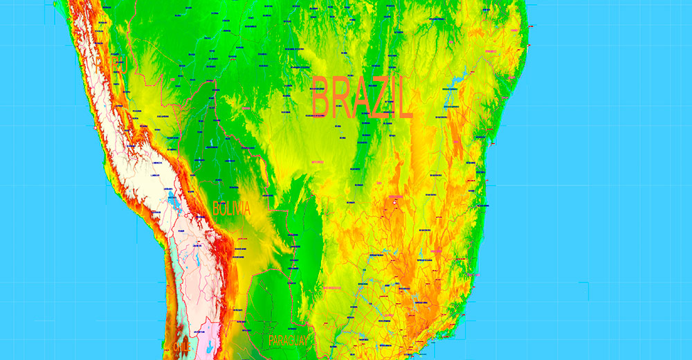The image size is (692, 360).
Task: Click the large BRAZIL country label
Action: pos(361,98)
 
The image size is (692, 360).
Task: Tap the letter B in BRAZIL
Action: pos(320,98)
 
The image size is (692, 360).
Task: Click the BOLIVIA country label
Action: pos(231,208)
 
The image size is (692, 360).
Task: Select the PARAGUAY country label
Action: pos(289,340)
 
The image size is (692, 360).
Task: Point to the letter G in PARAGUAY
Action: pos(291,340)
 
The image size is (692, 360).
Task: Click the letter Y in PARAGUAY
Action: pos(305,340)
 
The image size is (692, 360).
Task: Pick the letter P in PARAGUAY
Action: pos(272,340)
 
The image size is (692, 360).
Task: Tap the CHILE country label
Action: pos(182,346)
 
